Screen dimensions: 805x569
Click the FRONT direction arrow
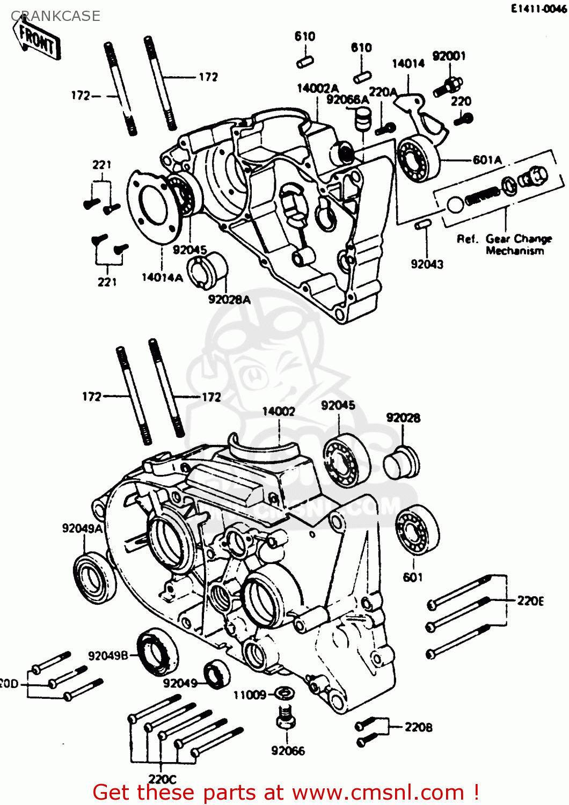[x=38, y=39]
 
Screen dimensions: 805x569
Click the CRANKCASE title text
[x=55, y=16]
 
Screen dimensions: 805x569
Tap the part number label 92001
[x=449, y=56]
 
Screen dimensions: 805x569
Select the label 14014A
[x=162, y=277]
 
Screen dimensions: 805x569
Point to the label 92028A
[x=229, y=299]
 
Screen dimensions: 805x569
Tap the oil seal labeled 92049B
[x=158, y=653]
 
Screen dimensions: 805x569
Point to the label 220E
[x=530, y=601]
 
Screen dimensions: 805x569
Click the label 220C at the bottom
[x=162, y=779]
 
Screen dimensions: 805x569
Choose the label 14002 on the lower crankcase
[x=279, y=411]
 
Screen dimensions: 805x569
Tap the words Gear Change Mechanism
[x=505, y=245]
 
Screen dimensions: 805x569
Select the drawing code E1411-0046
[x=538, y=9]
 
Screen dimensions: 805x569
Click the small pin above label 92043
[x=422, y=224]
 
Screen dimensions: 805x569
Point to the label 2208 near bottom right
[x=418, y=727]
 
